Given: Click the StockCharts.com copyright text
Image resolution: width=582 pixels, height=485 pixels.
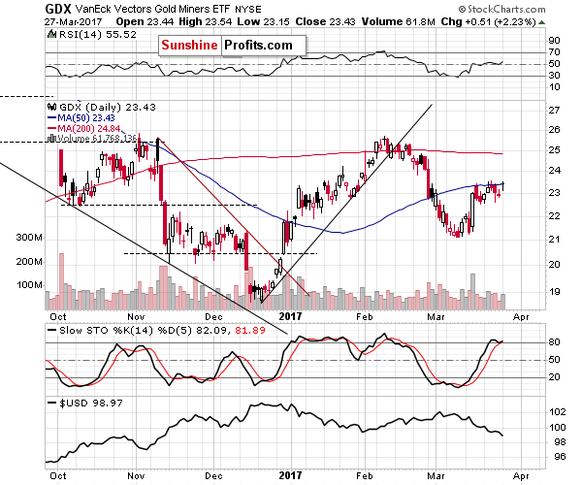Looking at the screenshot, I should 534,9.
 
